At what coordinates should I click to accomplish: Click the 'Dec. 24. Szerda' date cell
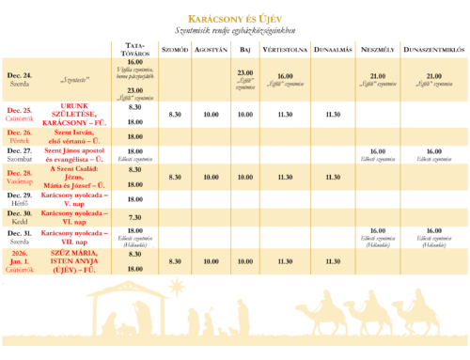tap(19, 79)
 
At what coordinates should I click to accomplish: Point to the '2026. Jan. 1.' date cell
tap(19, 258)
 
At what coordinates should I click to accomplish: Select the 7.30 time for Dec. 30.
tap(133, 216)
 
